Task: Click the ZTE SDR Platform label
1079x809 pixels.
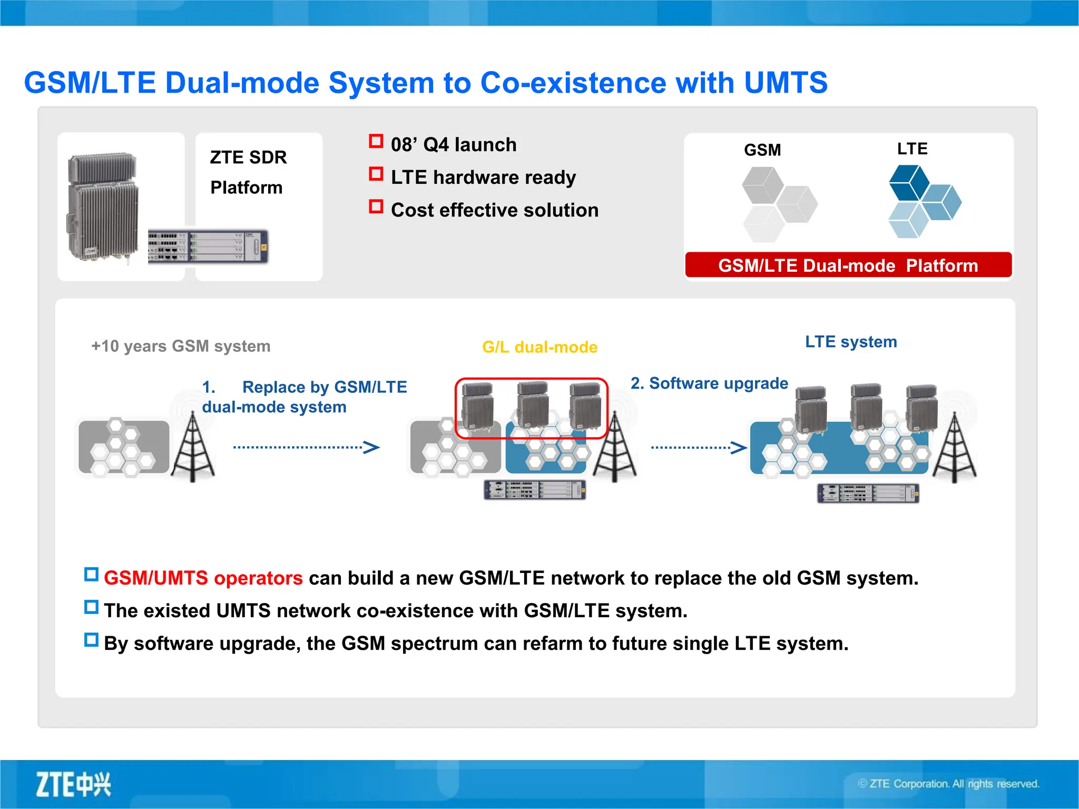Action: click(x=248, y=172)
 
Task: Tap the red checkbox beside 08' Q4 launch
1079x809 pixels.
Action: click(x=376, y=141)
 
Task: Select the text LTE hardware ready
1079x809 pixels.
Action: click(x=483, y=177)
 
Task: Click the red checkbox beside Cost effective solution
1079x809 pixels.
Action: click(x=376, y=206)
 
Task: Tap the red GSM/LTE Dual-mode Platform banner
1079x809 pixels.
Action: click(x=848, y=265)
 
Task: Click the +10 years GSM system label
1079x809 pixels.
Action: click(x=181, y=346)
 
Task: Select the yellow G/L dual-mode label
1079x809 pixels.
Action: click(x=539, y=347)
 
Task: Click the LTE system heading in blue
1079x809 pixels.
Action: click(x=850, y=342)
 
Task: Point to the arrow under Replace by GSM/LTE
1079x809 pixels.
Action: click(x=306, y=448)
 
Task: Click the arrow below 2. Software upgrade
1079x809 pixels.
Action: click(x=699, y=448)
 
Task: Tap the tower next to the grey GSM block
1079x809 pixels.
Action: click(x=193, y=448)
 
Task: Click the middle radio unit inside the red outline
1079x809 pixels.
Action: click(x=532, y=406)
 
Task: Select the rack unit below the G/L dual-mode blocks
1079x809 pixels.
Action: click(x=534, y=490)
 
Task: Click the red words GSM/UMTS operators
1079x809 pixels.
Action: click(x=203, y=578)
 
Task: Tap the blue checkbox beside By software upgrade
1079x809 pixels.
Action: click(x=91, y=640)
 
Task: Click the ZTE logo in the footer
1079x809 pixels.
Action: click(x=73, y=784)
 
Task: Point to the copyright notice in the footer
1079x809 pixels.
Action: click(x=948, y=784)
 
